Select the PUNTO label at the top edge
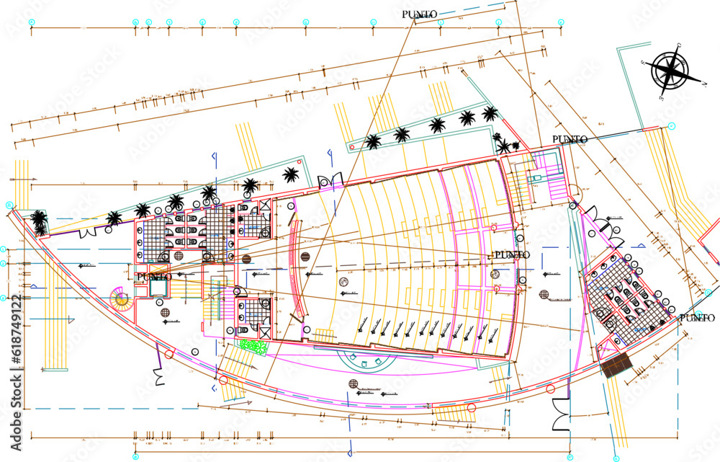(x=419, y=14)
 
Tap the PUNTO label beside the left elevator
(x=154, y=277)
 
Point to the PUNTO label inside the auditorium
(x=511, y=255)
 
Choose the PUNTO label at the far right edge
(x=697, y=317)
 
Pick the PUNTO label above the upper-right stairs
(x=570, y=139)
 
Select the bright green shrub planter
(x=253, y=347)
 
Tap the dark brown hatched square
(x=615, y=365)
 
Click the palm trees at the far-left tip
(x=39, y=222)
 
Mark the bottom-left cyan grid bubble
(x=136, y=456)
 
